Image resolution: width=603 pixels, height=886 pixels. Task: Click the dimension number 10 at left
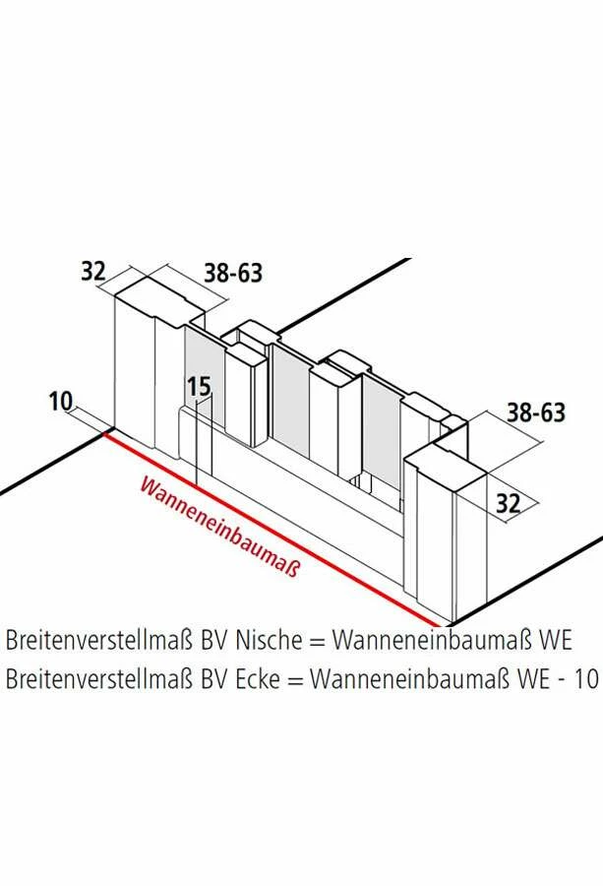point(60,401)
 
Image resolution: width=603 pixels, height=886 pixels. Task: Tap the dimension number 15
point(200,387)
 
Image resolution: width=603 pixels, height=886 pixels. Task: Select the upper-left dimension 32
point(92,271)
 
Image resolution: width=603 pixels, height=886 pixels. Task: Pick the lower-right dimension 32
point(508,504)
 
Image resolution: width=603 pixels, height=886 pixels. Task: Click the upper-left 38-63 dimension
point(233,272)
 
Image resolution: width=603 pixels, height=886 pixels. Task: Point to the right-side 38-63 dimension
point(536,411)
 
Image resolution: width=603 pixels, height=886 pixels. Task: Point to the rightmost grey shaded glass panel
point(381,433)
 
